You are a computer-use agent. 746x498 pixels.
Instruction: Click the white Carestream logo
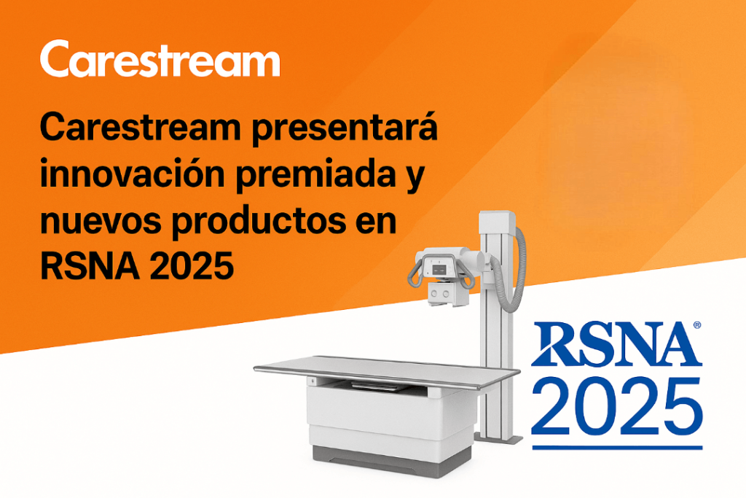(160, 61)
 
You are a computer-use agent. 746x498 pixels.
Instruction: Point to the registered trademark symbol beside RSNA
(697, 324)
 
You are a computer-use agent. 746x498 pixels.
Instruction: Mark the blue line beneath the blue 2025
(616, 446)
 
